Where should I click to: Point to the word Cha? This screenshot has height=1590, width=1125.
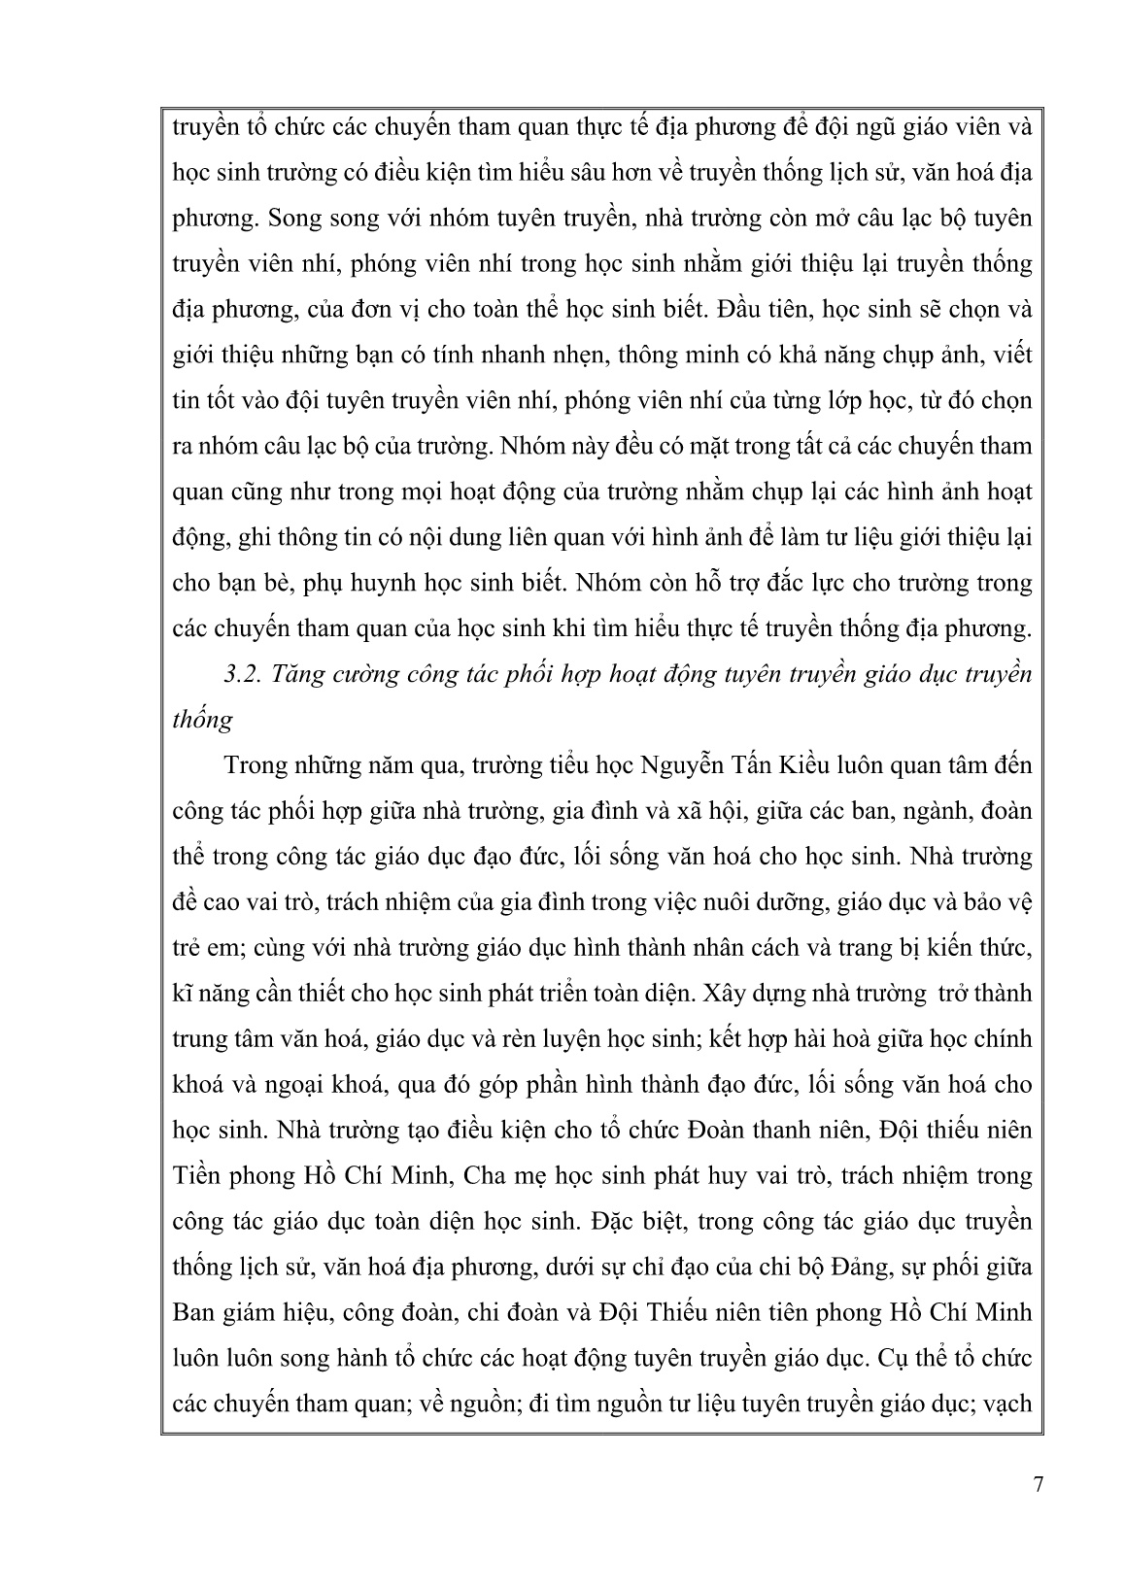[x=487, y=1176]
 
